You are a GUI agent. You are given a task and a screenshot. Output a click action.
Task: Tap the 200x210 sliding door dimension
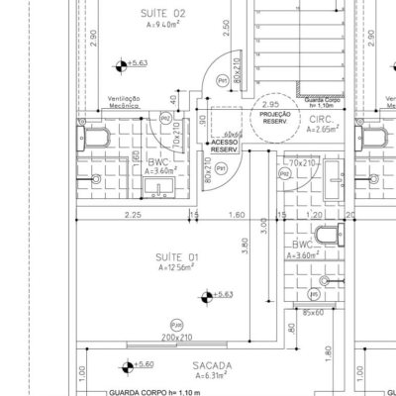click(x=177, y=338)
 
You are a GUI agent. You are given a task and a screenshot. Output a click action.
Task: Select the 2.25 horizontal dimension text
click(x=131, y=214)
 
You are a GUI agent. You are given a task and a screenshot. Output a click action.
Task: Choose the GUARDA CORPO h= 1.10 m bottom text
click(x=152, y=391)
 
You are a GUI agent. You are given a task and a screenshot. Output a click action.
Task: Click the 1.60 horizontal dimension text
click(x=237, y=214)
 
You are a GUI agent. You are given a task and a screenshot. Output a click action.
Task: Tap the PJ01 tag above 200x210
click(x=176, y=324)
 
